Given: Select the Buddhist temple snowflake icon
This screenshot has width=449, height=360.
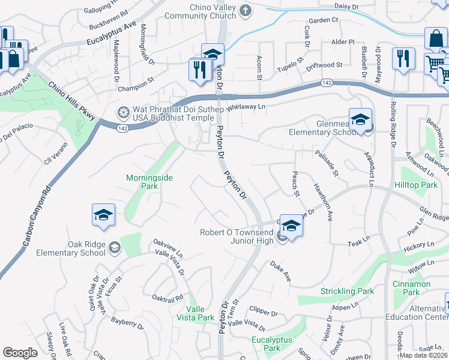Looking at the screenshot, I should tap(124, 112).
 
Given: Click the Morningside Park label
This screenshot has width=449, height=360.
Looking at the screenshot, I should tap(142, 182).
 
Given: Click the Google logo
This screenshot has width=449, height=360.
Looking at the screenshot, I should tap(20, 353).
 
